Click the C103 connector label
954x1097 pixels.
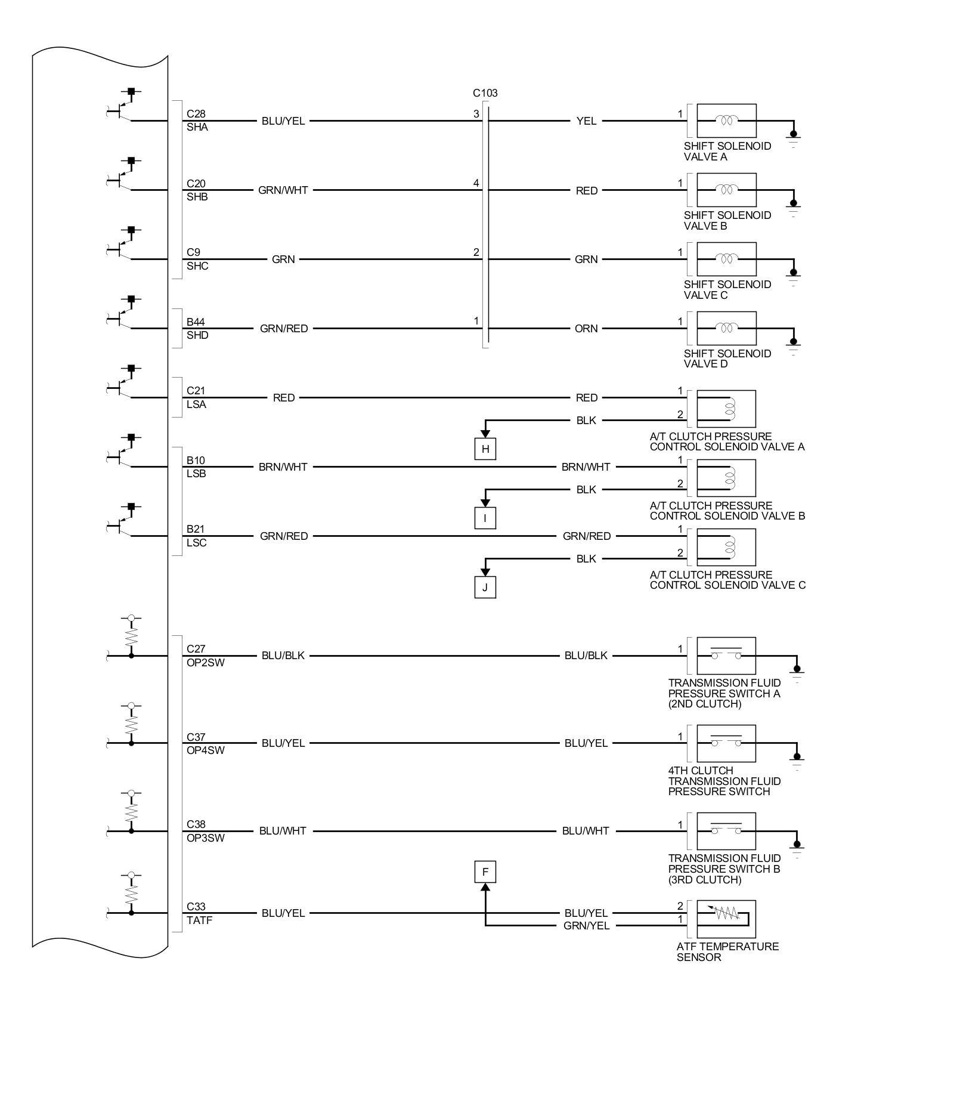click(485, 93)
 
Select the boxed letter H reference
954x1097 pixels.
click(485, 449)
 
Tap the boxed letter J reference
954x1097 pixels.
click(485, 587)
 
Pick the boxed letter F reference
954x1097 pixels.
click(485, 872)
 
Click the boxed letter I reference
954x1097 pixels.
click(485, 518)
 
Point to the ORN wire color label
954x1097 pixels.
click(586, 329)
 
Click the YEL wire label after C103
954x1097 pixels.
click(586, 121)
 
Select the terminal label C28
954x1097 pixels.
click(196, 114)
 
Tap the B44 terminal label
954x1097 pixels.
click(196, 322)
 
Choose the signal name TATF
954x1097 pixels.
click(199, 920)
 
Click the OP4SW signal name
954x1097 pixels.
click(206, 750)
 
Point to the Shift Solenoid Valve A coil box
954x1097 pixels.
click(726, 120)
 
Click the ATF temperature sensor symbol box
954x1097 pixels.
click(726, 919)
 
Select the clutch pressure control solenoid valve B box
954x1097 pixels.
click(726, 478)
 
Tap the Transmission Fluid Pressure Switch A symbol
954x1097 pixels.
click(726, 656)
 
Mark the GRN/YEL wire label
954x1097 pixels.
click(586, 926)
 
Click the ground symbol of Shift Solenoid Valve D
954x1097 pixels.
click(793, 346)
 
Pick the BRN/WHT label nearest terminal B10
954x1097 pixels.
click(283, 467)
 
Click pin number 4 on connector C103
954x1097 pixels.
click(476, 183)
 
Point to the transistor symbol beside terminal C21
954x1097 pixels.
click(124, 385)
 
